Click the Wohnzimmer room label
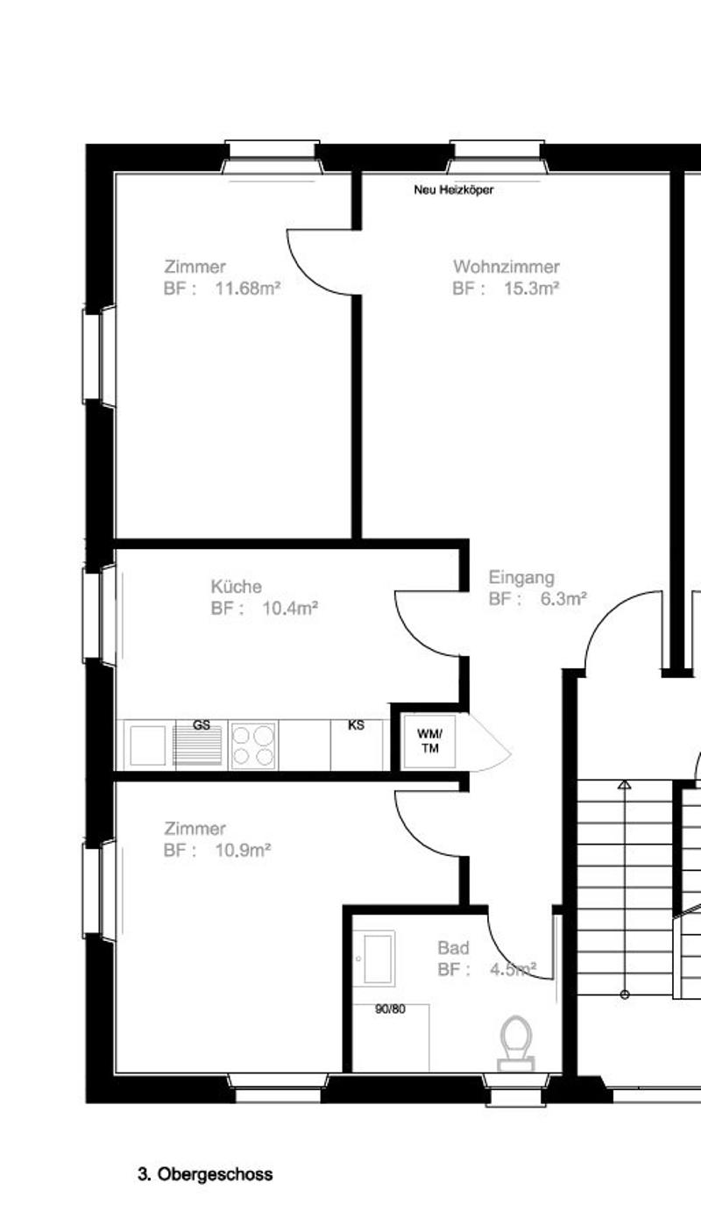click(x=506, y=267)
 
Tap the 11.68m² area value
click(x=248, y=289)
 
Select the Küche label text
click(x=237, y=587)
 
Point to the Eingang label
click(x=521, y=578)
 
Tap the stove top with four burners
click(x=253, y=745)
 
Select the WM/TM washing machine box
click(x=429, y=741)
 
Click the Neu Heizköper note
click(x=454, y=190)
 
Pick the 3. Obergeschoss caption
click(x=205, y=1174)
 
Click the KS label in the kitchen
click(x=356, y=725)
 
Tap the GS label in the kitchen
click(x=202, y=725)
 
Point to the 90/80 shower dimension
click(x=390, y=1009)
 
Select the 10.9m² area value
click(x=244, y=851)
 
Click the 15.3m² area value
click(x=532, y=289)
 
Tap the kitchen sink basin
click(x=147, y=745)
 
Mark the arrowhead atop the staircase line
click(x=625, y=784)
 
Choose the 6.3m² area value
click(x=563, y=599)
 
